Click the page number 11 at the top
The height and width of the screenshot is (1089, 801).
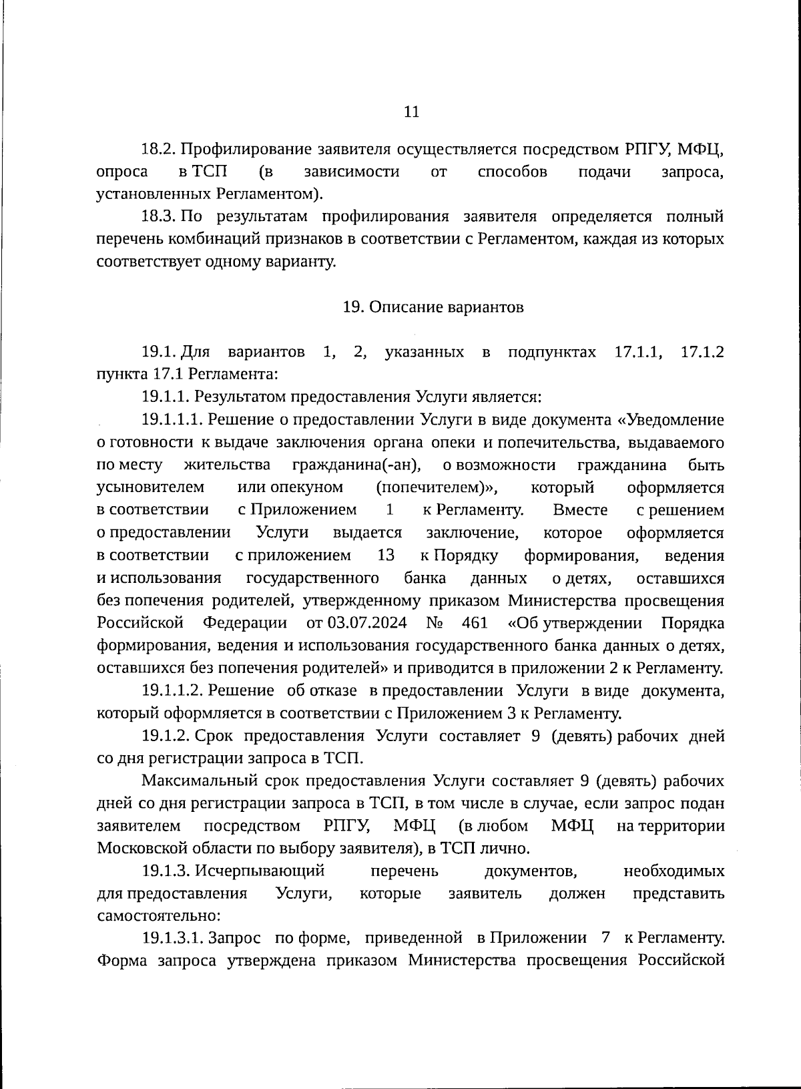(412, 112)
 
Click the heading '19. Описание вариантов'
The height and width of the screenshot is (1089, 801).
(433, 307)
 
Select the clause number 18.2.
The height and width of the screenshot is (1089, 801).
(158, 149)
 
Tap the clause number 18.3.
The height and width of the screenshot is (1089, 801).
(158, 216)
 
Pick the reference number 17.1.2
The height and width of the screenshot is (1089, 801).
(702, 351)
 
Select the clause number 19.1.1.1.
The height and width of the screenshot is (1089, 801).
(171, 419)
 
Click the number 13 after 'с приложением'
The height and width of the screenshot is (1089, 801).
(386, 556)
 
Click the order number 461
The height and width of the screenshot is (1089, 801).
(475, 624)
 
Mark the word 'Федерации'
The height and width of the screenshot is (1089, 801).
(245, 624)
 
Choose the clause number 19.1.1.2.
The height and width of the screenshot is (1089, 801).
(172, 690)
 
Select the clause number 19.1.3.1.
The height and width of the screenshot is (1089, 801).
(171, 939)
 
